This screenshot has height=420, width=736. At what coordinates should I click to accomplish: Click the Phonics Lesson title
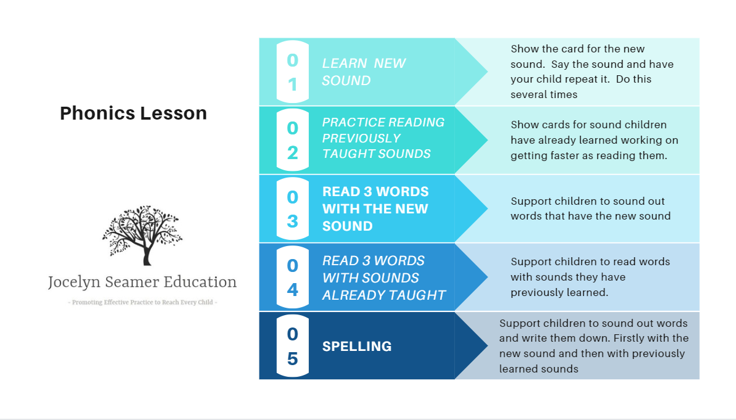click(x=133, y=113)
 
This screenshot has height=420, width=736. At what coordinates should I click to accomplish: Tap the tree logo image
click(x=142, y=236)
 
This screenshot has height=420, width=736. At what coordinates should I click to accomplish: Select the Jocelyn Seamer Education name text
click(x=142, y=282)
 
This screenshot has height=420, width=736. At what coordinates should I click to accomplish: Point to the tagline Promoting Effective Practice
click(x=142, y=302)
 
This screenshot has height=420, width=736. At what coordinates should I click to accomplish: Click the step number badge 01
click(x=292, y=72)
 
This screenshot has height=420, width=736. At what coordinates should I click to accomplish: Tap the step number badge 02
click(x=292, y=140)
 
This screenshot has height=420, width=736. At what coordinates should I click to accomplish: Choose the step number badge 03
click(x=292, y=208)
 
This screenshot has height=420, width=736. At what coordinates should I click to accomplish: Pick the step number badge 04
click(x=292, y=277)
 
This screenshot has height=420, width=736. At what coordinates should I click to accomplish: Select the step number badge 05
click(x=292, y=346)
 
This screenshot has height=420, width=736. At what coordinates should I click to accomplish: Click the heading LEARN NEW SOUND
click(x=364, y=72)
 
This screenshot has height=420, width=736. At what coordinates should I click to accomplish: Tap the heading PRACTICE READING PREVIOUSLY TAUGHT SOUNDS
click(x=383, y=138)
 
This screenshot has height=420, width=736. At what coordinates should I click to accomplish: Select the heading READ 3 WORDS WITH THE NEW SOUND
click(x=375, y=208)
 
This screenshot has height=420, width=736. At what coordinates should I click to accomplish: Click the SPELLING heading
click(x=357, y=346)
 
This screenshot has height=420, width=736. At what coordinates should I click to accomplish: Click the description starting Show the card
click(x=592, y=72)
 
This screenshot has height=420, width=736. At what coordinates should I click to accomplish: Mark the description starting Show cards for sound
click(x=594, y=140)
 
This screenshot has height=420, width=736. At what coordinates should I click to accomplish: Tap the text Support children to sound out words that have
click(x=591, y=208)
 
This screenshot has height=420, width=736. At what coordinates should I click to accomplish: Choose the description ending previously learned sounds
click(x=594, y=346)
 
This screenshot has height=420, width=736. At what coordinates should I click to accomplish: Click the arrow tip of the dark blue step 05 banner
click(x=488, y=346)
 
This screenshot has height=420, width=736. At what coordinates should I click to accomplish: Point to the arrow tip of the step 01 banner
click(x=488, y=72)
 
